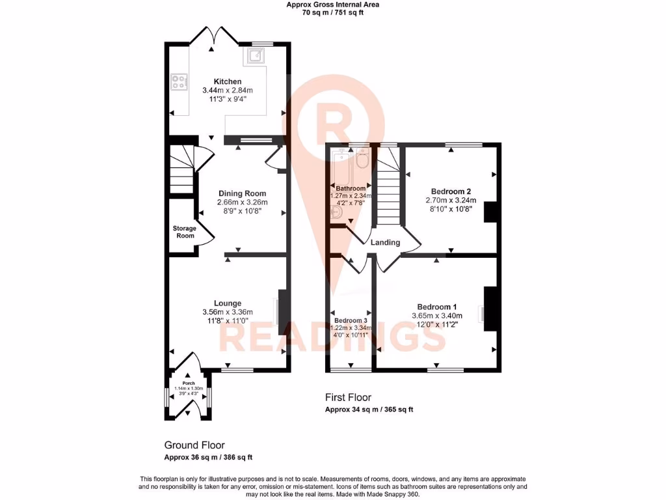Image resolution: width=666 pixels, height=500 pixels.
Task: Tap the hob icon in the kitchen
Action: pyautogui.click(x=178, y=82)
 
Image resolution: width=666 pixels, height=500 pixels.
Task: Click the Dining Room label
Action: pyautogui.click(x=242, y=193)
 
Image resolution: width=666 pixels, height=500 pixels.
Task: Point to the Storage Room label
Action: pyautogui.click(x=183, y=232)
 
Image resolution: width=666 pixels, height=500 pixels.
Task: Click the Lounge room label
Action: pyautogui.click(x=228, y=303)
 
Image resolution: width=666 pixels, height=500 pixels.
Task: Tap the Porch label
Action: pyautogui.click(x=189, y=383)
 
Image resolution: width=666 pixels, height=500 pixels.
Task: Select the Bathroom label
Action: pyautogui.click(x=351, y=189)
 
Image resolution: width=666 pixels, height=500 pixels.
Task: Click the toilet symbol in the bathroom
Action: pyautogui.click(x=363, y=157)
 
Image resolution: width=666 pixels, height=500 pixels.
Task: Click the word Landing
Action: pyautogui.click(x=385, y=243)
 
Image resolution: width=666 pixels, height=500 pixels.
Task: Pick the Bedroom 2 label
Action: pyautogui.click(x=451, y=191)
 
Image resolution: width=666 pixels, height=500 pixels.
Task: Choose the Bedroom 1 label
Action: pyautogui.click(x=437, y=307)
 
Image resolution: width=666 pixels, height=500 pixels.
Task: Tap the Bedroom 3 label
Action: pyautogui.click(x=351, y=321)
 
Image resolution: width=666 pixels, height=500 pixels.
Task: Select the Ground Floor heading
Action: pyautogui.click(x=194, y=445)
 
